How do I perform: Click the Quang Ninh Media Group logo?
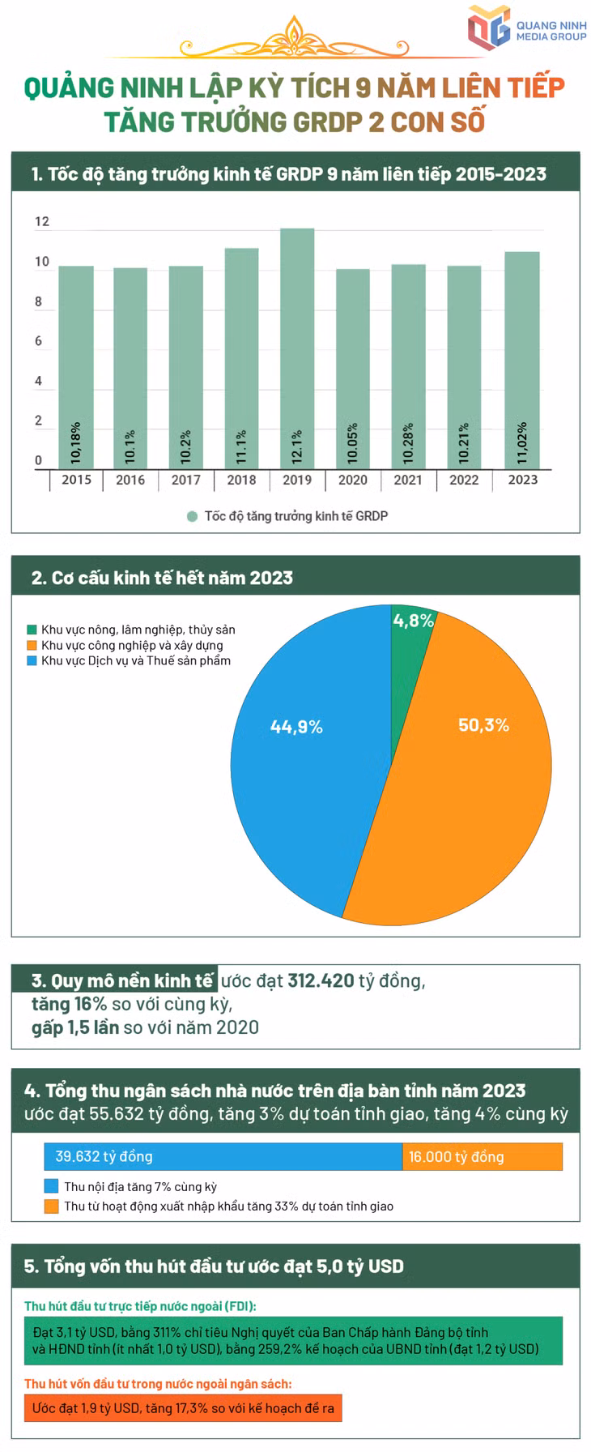point(527,31)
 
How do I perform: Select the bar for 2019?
point(297,348)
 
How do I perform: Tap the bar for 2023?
point(522,361)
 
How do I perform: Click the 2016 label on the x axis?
point(130,480)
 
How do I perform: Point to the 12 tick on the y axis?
point(42,221)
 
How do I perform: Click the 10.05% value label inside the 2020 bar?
point(352,443)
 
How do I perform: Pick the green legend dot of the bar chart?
point(192,516)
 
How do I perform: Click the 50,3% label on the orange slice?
point(483,725)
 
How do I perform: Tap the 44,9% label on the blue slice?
point(296,728)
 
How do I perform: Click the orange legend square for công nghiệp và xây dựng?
point(32,646)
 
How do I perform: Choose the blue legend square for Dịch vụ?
point(32,661)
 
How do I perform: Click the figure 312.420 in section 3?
point(321,980)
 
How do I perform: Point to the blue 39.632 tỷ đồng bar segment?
point(223,1156)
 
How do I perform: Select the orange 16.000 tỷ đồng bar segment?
point(483,1156)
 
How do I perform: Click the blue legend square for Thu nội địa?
point(51,1186)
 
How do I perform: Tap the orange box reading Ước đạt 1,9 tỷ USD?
point(183,1408)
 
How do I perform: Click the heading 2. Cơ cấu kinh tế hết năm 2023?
point(162,578)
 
